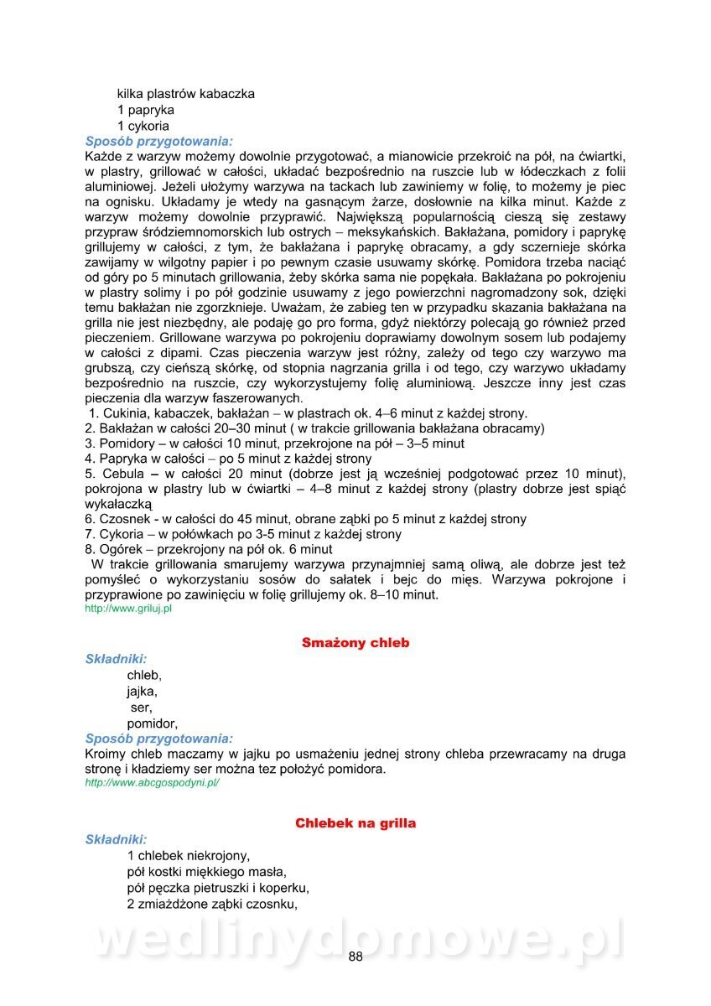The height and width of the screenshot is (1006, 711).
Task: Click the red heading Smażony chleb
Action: coord(355,643)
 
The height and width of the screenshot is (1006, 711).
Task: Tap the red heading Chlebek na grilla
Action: coord(355,823)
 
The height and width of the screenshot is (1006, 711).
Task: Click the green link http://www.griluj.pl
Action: coord(128,609)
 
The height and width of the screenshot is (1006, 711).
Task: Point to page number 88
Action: coord(355,958)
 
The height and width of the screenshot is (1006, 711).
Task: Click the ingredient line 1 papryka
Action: coord(146,110)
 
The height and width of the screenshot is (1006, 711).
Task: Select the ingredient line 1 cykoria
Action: coord(143,126)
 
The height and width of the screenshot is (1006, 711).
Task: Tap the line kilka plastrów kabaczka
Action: coord(185,94)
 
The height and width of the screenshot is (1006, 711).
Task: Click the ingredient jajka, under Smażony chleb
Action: coord(143,691)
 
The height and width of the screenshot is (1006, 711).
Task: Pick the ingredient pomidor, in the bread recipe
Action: coord(153,723)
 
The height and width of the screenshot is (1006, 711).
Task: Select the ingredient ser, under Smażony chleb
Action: coord(142,707)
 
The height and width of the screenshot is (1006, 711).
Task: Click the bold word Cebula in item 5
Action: coord(119,474)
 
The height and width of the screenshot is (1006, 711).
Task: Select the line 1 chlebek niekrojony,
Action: coord(189,855)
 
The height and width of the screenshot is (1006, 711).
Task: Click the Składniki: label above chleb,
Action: coord(116,659)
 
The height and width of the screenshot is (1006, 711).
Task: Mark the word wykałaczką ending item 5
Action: coord(118,504)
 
